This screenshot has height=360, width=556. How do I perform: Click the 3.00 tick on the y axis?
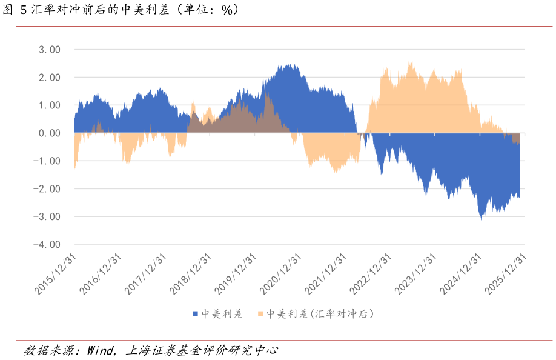[x=50, y=50]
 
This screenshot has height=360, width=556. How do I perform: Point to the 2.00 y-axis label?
[x=50, y=78]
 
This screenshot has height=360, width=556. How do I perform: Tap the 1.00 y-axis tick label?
[x=50, y=105]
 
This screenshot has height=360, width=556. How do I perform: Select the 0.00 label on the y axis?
[x=50, y=133]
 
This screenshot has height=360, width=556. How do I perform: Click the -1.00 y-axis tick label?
[x=48, y=161]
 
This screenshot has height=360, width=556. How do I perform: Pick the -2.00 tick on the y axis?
[x=48, y=189]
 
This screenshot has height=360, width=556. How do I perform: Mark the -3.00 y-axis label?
[x=48, y=217]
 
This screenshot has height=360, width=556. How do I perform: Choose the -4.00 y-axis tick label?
[x=48, y=245]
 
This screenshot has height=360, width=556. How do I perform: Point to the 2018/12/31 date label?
[x=192, y=274]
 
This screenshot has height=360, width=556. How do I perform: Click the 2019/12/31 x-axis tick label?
[x=237, y=274]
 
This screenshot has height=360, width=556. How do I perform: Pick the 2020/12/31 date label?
[x=282, y=274]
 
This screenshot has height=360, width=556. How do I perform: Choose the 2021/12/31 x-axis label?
[x=328, y=274]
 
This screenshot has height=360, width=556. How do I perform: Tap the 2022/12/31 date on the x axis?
[x=372, y=274]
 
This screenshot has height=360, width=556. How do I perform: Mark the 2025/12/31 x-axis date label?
[x=508, y=274]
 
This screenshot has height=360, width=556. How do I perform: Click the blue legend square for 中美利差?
[x=195, y=314]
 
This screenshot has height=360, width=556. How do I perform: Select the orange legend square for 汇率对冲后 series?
[x=261, y=314]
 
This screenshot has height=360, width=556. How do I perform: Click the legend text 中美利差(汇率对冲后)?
[x=320, y=314]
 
